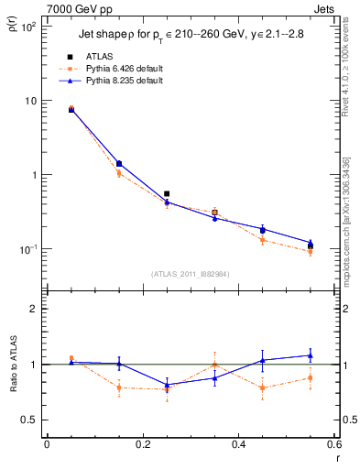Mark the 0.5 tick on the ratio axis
coord(29,420)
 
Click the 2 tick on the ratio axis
coord(35,309)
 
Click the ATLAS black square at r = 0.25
coord(167,194)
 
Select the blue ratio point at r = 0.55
coord(311,355)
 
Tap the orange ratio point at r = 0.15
coord(119,387)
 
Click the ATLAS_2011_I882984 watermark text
coord(190,273)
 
